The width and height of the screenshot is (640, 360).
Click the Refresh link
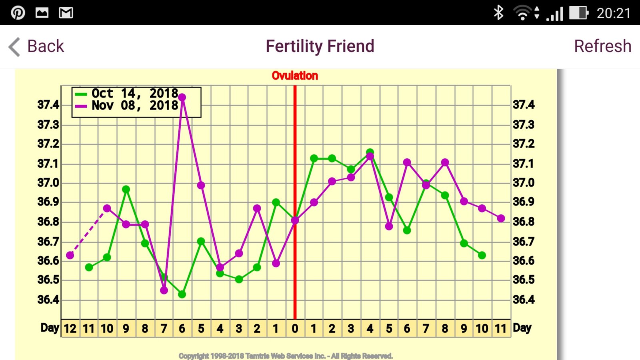602,46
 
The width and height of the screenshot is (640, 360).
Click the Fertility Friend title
320,46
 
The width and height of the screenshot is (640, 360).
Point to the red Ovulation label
295,76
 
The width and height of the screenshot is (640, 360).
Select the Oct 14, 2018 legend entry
134,94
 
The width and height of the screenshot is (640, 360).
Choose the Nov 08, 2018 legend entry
134,106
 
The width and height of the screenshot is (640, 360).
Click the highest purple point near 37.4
182,97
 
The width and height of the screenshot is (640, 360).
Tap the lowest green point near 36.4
182,294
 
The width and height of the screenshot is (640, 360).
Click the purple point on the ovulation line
295,220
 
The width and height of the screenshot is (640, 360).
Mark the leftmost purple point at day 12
70,255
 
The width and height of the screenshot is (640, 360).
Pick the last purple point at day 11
501,218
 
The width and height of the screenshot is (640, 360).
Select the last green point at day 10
482,255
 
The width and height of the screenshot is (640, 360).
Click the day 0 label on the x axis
295,329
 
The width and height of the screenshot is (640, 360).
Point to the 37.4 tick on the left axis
48,105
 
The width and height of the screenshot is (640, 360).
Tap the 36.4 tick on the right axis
524,300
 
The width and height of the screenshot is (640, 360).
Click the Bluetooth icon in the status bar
498,13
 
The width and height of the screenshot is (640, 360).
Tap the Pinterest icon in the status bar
18,13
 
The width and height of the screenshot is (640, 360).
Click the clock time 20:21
614,13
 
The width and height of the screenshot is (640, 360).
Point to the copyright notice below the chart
286,356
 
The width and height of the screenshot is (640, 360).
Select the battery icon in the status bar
578,13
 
